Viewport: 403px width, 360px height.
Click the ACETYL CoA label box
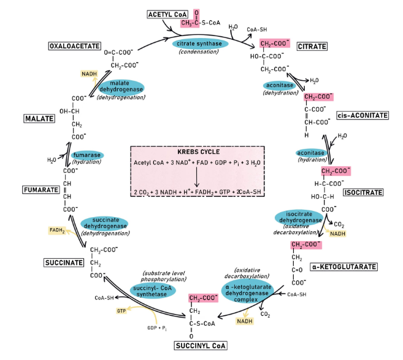[x=167, y=14]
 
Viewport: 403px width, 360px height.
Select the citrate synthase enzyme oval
[x=199, y=44]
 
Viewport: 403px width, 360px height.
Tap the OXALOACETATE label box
[x=75, y=46]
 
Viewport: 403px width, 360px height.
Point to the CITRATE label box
[x=312, y=47]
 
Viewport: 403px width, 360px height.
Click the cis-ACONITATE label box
[x=363, y=115]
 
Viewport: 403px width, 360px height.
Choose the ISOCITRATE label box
[x=363, y=193]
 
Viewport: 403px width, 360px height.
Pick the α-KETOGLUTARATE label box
[x=344, y=267]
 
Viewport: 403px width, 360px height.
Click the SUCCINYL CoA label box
[x=201, y=346]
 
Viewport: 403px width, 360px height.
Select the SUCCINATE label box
[x=64, y=262]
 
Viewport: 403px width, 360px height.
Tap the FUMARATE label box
[x=41, y=190]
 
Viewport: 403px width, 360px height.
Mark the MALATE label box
[x=39, y=118]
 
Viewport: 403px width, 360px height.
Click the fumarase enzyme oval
[x=87, y=155]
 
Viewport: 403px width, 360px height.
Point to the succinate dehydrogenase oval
[x=104, y=223]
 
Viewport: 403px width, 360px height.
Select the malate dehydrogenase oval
[x=121, y=86]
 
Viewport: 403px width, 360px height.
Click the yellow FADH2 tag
[x=57, y=230]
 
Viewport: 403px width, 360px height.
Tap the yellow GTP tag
[x=121, y=311]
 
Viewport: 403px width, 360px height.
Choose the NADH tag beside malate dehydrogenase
[x=89, y=74]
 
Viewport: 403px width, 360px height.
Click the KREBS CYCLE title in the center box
[x=198, y=152]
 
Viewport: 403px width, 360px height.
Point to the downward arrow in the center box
[x=197, y=177]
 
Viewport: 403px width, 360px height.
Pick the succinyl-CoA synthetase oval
[x=153, y=291]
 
